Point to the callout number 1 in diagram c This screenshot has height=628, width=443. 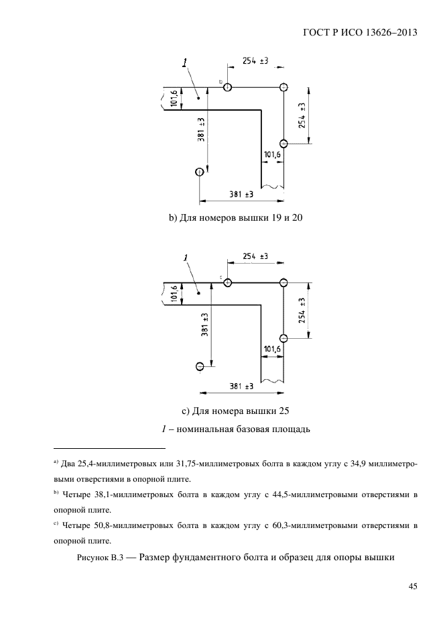coord(184,258)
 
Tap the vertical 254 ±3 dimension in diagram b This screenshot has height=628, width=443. coord(302,115)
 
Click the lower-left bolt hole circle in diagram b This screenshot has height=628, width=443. coord(199,172)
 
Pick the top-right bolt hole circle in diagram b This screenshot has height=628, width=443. coord(283,87)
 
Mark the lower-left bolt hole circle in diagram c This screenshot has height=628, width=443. coord(200,366)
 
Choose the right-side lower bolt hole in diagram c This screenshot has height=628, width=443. coord(283,338)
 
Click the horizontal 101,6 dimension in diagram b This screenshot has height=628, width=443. coord(272,155)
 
